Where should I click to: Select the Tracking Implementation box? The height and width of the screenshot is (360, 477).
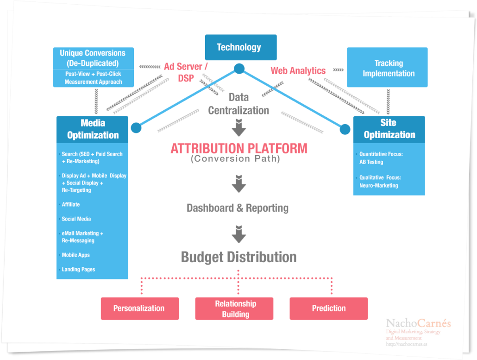(387, 68)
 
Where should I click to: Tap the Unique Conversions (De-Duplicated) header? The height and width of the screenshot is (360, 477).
(93, 58)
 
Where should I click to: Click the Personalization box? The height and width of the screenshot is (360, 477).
(139, 309)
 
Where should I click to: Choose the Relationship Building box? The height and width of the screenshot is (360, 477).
(234, 309)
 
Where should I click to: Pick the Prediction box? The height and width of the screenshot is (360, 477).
(328, 309)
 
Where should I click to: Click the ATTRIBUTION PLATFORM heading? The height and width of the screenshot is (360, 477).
(238, 149)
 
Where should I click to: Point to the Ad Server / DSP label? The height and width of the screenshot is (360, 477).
(186, 72)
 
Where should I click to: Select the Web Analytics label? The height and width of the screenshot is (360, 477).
(298, 71)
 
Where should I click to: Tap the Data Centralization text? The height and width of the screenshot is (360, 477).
(238, 104)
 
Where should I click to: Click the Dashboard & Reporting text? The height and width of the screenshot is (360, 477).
(238, 208)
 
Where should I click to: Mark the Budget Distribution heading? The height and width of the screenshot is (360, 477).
(238, 257)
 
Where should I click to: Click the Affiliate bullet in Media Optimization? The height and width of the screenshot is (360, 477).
(71, 204)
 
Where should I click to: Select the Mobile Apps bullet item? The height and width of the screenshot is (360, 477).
(76, 255)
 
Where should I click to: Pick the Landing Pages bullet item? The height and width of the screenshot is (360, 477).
(78, 270)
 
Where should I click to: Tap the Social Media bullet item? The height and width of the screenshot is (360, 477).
(76, 219)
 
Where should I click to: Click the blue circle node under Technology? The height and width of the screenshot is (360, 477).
(239, 69)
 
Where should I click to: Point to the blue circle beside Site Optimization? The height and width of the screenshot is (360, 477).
(345, 129)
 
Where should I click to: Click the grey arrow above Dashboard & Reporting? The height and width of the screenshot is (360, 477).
(238, 183)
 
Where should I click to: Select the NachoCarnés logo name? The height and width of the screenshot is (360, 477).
(418, 323)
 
